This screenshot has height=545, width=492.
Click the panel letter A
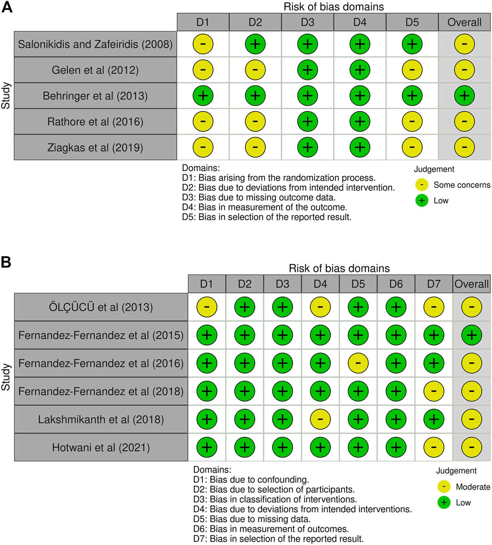tap(7, 7)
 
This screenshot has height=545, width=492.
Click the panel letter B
tap(6, 262)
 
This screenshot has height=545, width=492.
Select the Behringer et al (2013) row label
tap(95, 96)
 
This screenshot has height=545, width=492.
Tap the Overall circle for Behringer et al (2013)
tap(464, 96)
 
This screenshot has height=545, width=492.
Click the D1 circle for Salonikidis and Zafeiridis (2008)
tap(203, 44)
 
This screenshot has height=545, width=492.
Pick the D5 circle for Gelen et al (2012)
tap(412, 70)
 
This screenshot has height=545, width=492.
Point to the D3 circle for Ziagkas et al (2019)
tap(307, 147)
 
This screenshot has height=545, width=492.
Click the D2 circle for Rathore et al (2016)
tap(255, 122)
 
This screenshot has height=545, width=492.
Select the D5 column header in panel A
tap(412, 22)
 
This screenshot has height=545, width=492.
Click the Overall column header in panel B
tap(472, 284)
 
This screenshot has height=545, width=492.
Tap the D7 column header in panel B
tap(434, 284)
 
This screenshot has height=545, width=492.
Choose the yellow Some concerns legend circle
tap(422, 185)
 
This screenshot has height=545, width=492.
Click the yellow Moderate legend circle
tap(444, 487)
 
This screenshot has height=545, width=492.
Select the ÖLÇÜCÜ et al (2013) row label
tap(101, 307)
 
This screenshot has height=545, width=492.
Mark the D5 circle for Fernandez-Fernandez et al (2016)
tap(358, 363)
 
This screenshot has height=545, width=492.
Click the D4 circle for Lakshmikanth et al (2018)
tap(320, 419)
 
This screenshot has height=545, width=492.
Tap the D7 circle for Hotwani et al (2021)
tap(434, 448)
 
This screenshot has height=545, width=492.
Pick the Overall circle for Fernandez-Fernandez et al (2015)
tap(472, 335)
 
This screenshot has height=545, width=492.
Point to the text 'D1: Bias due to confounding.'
tap(251, 479)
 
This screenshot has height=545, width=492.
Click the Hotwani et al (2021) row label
tap(101, 448)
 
